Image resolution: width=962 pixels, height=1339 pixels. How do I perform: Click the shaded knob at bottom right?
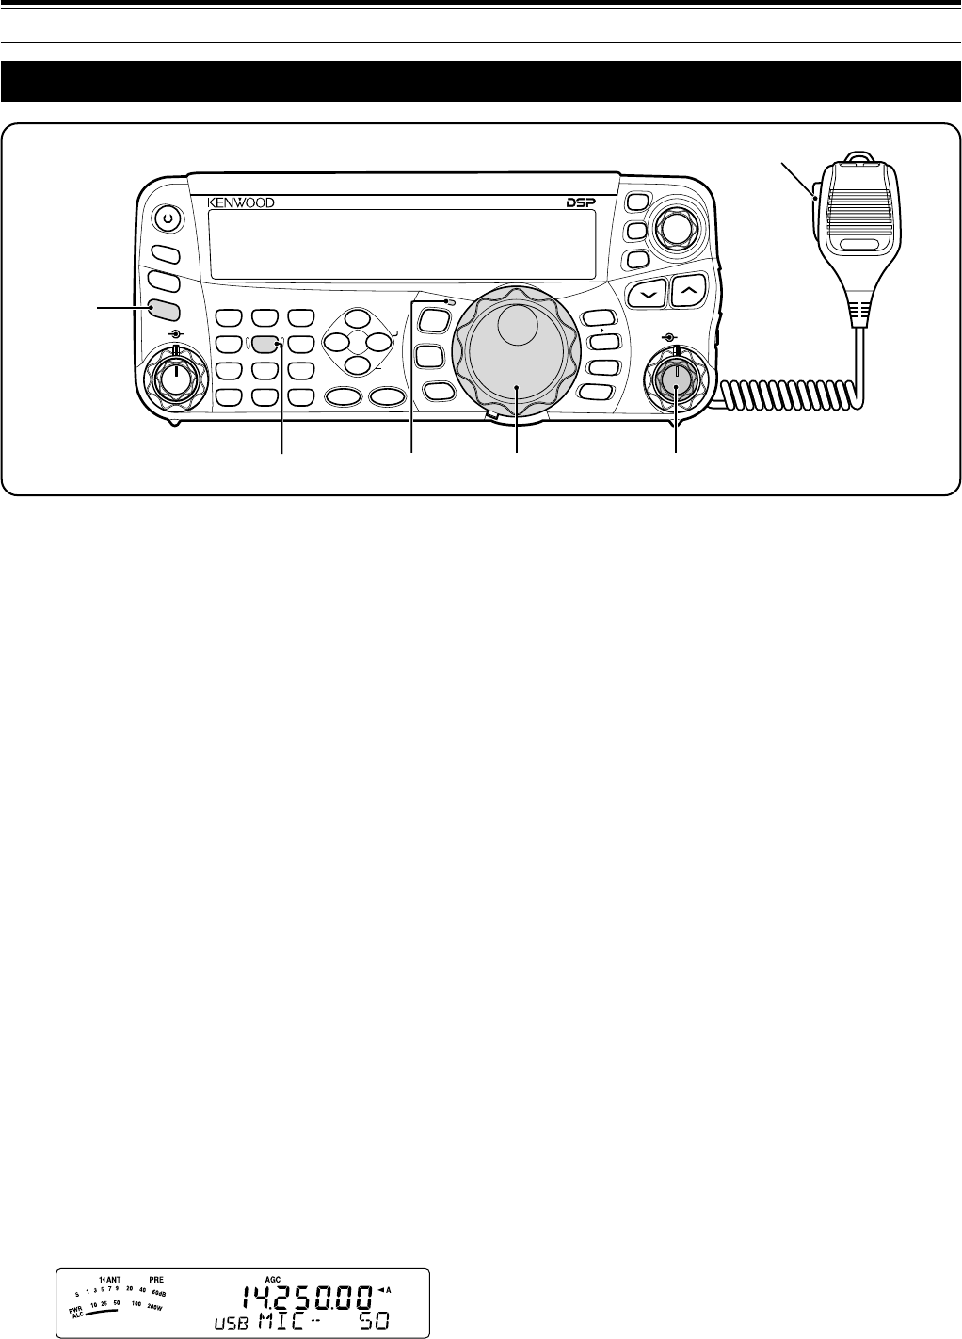[x=676, y=379]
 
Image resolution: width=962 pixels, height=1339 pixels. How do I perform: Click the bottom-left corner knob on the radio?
[x=173, y=379]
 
